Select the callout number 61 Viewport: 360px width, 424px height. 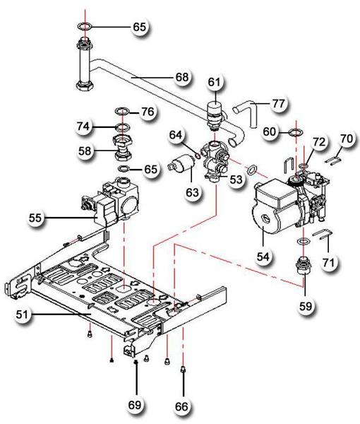(x=214, y=82)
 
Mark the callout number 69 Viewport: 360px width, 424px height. (x=136, y=405)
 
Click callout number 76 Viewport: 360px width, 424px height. (x=147, y=112)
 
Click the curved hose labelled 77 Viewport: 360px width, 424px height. (x=244, y=113)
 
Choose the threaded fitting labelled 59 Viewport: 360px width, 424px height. (x=304, y=271)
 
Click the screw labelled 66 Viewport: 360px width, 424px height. (x=184, y=369)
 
